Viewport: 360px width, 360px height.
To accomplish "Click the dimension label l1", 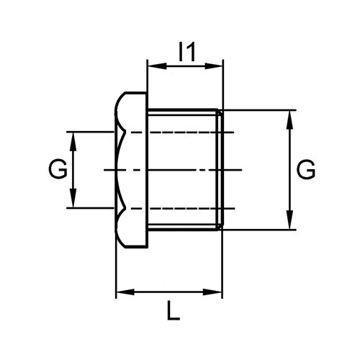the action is click(187, 51).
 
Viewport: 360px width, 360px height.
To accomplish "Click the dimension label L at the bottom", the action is click(174, 310).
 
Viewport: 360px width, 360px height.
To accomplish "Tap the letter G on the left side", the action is click(58, 169).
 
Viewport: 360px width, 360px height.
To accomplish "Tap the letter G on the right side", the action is click(306, 169).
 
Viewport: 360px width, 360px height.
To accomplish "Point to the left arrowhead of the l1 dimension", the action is click(157, 66).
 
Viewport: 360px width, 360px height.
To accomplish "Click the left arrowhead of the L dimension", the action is click(125, 292).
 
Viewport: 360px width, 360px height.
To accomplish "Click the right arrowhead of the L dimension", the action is click(212, 292).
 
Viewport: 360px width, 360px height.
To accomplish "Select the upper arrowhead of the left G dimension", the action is click(73, 142).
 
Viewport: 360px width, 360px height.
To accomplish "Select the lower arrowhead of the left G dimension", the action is click(73, 198).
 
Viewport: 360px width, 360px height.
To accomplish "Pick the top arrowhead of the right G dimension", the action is click(290, 120).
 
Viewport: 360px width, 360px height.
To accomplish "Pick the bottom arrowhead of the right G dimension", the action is click(290, 220).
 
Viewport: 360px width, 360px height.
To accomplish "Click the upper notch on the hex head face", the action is click(125, 132).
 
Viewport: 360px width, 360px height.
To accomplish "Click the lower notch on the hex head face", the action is click(125, 208).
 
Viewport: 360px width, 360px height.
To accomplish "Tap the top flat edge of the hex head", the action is click(135, 92).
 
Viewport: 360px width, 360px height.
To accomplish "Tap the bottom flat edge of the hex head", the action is click(135, 247).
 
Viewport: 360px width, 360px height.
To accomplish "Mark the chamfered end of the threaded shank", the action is click(220, 170).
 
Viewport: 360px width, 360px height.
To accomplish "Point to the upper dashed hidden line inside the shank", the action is click(180, 132).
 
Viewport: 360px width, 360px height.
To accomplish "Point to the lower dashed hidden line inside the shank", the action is click(180, 208).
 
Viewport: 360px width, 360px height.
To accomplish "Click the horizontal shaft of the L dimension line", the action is click(168, 292).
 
